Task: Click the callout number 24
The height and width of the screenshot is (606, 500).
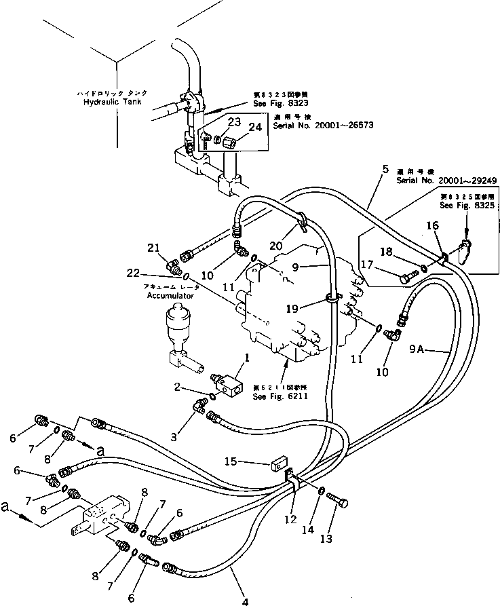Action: pyautogui.click(x=235, y=127)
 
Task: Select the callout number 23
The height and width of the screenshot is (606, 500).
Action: pyautogui.click(x=214, y=123)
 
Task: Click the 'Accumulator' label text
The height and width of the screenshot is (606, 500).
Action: pyautogui.click(x=168, y=296)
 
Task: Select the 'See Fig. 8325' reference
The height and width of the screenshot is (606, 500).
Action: pyautogui.click(x=464, y=204)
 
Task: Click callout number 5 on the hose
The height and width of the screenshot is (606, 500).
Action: pyautogui.click(x=385, y=170)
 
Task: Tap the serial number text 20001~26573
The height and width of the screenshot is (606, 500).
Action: pyautogui.click(x=324, y=126)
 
